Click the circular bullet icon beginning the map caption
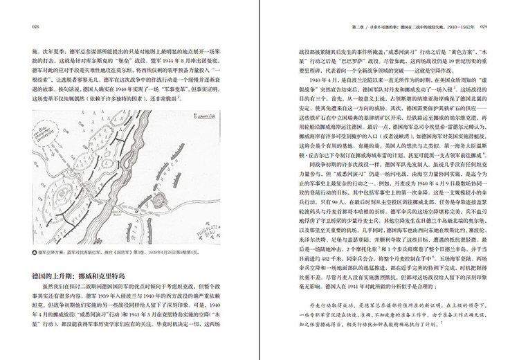[x=35, y=235]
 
